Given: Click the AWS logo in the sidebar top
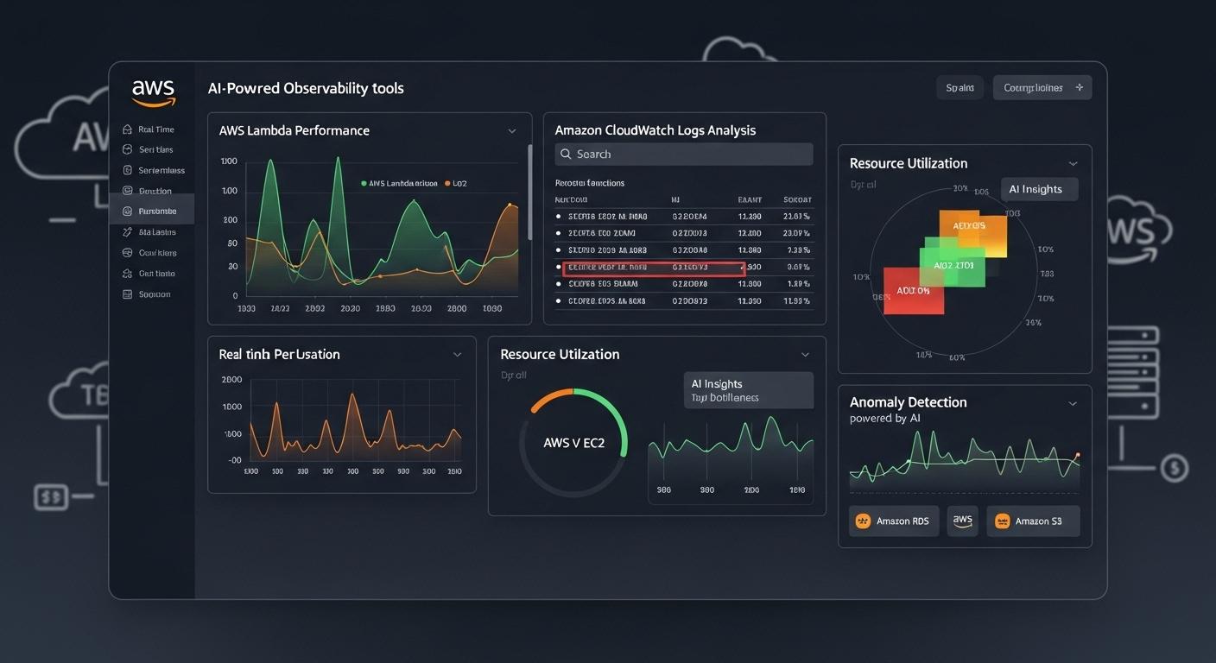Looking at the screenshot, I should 154,92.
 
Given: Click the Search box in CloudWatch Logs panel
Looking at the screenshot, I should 683,154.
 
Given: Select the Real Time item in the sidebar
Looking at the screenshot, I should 155,129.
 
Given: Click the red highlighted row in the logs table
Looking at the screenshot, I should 653,268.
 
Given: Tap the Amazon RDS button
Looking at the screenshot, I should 893,521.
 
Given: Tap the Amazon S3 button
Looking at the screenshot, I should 1032,521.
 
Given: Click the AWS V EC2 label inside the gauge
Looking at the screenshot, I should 573,443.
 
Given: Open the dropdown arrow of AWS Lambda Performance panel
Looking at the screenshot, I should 511,131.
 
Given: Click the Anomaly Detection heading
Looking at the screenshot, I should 908,402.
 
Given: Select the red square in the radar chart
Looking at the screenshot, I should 913,290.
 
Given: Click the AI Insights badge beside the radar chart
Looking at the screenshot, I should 1038,189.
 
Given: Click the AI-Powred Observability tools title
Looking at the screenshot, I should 306,88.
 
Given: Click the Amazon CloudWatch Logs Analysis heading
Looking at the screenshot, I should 655,130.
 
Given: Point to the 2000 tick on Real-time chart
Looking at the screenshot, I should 231,380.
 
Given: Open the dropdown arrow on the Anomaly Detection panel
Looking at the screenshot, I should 1073,403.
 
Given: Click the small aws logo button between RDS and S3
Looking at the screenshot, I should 962,521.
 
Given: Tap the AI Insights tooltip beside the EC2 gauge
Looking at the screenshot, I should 748,390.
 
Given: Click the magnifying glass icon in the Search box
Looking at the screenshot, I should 566,154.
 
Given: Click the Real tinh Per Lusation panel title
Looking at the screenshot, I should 279,355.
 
